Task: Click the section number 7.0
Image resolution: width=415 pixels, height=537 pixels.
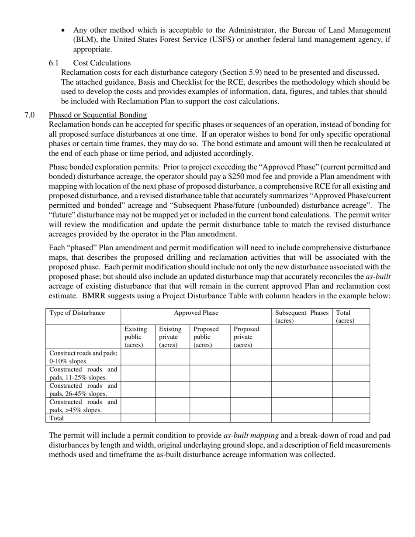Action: pyautogui.click(x=30, y=115)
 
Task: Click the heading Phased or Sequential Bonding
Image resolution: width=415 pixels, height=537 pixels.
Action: pyautogui.click(x=97, y=115)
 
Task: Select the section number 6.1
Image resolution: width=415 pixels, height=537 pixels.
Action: pyautogui.click(x=54, y=63)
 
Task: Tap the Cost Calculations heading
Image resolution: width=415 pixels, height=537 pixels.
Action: pyautogui.click(x=102, y=63)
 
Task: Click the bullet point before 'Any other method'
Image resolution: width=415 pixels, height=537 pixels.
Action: pyautogui.click(x=64, y=31)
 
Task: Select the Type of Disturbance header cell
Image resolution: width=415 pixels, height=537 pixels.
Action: pyautogui.click(x=77, y=313)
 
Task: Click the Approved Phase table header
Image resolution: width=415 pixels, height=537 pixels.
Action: pyautogui.click(x=196, y=313)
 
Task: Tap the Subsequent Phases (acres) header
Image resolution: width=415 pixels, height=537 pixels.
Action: pyautogui.click(x=301, y=317)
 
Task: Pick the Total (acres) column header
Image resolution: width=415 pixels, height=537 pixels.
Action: pyautogui.click(x=345, y=317)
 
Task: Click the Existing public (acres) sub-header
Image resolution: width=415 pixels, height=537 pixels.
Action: pyautogui.click(x=136, y=337)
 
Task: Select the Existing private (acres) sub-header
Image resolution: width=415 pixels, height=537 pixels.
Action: pyautogui.click(x=170, y=337)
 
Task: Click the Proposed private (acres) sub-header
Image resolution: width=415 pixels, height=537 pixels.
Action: pyautogui.click(x=246, y=337)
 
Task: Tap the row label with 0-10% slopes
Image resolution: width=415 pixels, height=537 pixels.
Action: pyautogui.click(x=83, y=357)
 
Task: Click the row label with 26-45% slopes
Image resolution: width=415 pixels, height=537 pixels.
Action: pyautogui.click(x=83, y=389)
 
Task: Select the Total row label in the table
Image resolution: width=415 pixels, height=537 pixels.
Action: pyautogui.click(x=57, y=418)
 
